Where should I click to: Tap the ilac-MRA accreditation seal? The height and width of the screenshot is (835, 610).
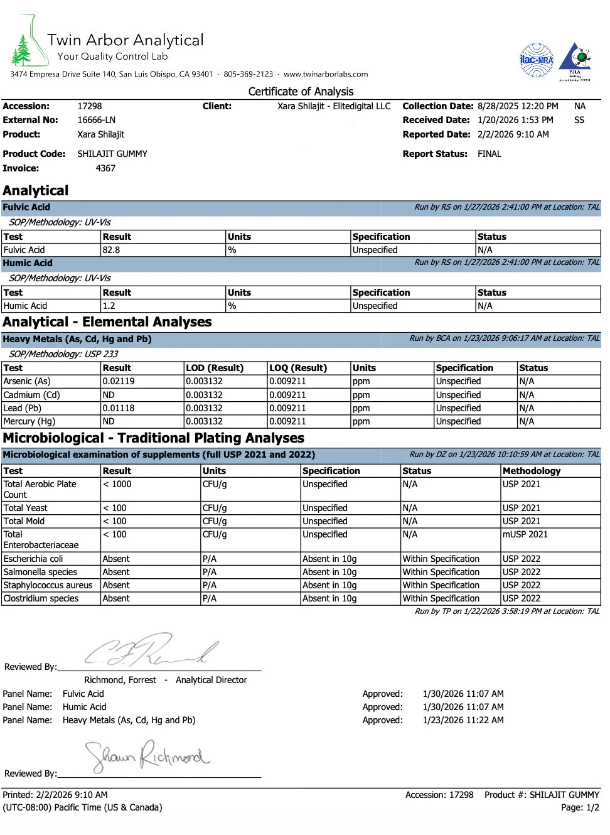point(537,60)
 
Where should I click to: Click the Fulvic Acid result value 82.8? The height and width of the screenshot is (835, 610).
point(111,250)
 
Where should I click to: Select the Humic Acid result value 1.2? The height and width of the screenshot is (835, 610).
point(109,306)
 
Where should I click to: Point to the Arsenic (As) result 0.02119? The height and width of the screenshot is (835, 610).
point(119,381)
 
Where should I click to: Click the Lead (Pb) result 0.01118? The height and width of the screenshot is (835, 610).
point(119,408)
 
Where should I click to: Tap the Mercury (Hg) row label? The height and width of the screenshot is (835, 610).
point(29,421)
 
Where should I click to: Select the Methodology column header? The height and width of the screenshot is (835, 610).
point(532,471)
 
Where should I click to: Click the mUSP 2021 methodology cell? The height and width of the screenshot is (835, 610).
point(525,534)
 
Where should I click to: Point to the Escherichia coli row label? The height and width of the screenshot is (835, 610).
point(33,559)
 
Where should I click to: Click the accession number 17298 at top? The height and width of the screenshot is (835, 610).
point(90,106)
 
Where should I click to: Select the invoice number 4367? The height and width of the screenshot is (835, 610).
point(105,168)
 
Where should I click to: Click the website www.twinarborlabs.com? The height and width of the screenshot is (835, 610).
point(326,74)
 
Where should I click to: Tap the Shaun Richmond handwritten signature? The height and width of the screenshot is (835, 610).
point(147,757)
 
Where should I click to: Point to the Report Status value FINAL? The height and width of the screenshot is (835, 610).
point(490,154)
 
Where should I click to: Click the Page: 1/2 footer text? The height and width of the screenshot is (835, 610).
point(580,807)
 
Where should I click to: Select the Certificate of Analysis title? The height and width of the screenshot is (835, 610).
point(301,92)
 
